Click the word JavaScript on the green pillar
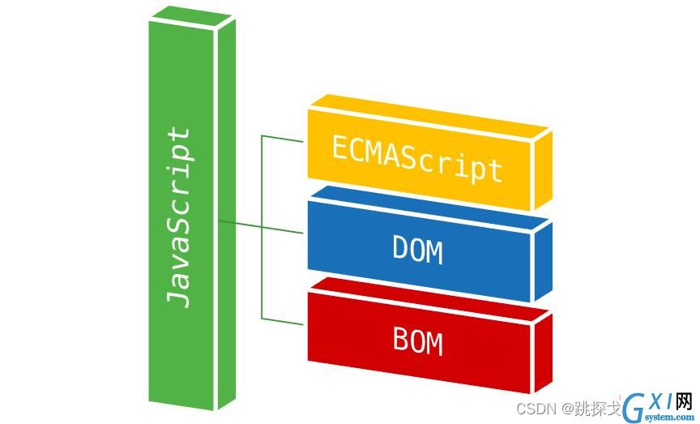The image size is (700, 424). pyautogui.click(x=178, y=218)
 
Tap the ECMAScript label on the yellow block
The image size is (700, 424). pyautogui.click(x=417, y=160)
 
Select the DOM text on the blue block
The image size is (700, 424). pyautogui.click(x=417, y=251)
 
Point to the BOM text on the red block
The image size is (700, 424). pyautogui.click(x=417, y=342)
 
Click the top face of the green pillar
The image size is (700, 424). pyautogui.click(x=192, y=16)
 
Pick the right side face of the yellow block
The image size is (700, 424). pyautogui.click(x=544, y=169)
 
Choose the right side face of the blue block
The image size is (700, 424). pyautogui.click(x=544, y=261)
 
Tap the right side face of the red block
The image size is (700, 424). pyautogui.click(x=544, y=353)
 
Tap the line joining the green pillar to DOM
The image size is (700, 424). pyautogui.click(x=261, y=227)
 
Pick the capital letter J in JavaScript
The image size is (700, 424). pyautogui.click(x=178, y=299)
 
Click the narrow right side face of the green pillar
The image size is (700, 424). pyautogui.click(x=227, y=215)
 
